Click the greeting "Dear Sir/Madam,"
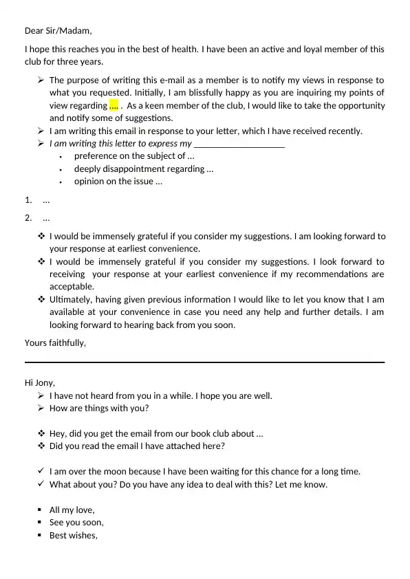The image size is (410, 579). pos(58,30)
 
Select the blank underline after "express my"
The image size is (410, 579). pos(239,144)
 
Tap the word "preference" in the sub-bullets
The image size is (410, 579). pos(95,156)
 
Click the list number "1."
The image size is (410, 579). pos(28,201)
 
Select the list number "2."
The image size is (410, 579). pos(28,219)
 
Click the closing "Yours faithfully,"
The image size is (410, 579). pos(56,342)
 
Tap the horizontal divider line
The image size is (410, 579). pos(204,362)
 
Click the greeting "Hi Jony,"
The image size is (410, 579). pos(40,383)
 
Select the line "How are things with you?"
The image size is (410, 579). pos(99,408)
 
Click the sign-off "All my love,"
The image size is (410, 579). pos(72,510)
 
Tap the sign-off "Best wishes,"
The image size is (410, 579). pos(74,536)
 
